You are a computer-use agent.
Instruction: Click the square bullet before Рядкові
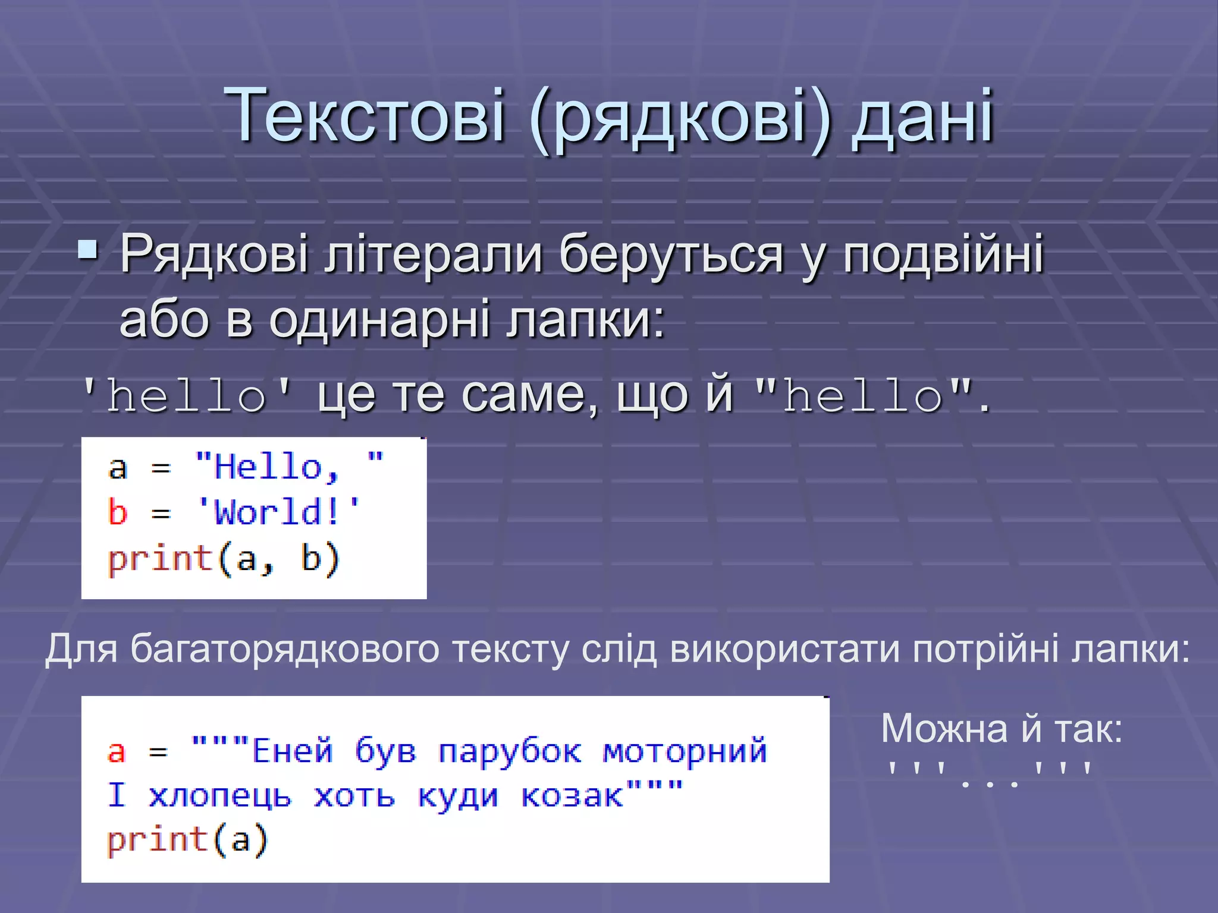89,250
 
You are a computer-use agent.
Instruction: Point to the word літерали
432,254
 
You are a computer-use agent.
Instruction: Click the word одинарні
379,320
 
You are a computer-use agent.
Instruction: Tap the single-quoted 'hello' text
187,396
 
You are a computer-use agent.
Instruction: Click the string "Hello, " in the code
289,467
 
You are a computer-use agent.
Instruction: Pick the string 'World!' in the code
278,512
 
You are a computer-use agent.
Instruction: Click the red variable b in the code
118,512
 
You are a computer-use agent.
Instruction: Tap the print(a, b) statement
223,559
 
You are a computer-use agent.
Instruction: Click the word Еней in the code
292,750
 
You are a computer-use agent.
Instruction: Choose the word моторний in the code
685,750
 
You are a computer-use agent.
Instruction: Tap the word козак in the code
572,795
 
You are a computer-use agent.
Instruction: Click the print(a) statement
187,840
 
